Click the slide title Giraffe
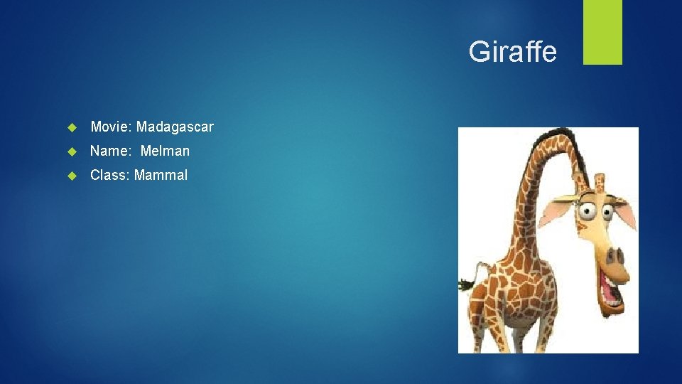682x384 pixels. point(512,52)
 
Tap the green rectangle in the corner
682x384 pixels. point(602,32)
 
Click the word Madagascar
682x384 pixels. point(175,127)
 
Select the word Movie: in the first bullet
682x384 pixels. point(112,127)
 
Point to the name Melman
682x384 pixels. point(165,151)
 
